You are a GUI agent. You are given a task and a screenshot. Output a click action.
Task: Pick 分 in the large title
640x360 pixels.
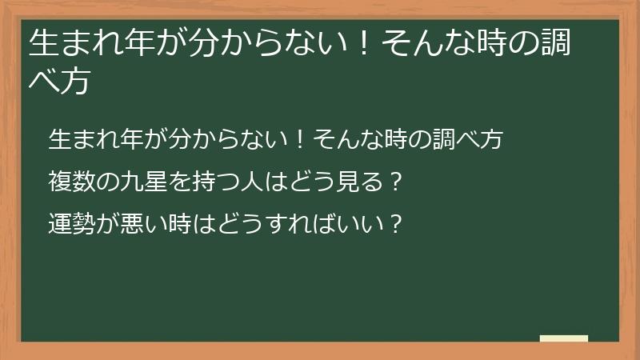(x=191, y=44)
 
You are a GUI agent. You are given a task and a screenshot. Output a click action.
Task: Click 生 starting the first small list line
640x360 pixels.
(x=59, y=139)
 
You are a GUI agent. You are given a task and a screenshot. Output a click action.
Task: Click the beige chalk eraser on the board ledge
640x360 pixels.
(x=564, y=338)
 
